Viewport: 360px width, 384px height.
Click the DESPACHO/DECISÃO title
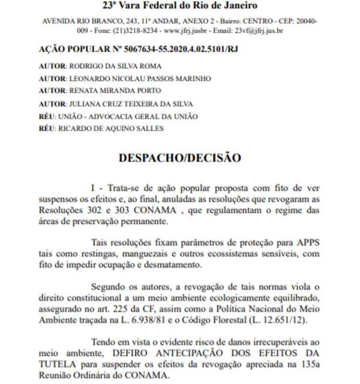point(180,157)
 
